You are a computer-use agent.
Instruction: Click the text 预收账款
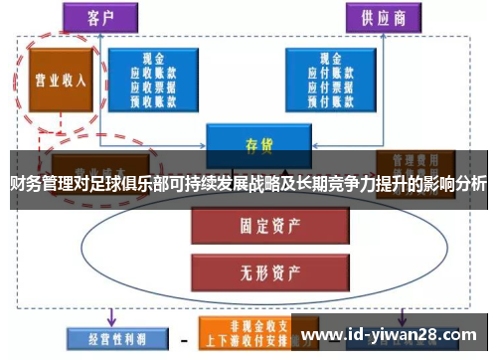[x=153, y=98]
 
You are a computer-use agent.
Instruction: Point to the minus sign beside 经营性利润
[x=183, y=339]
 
